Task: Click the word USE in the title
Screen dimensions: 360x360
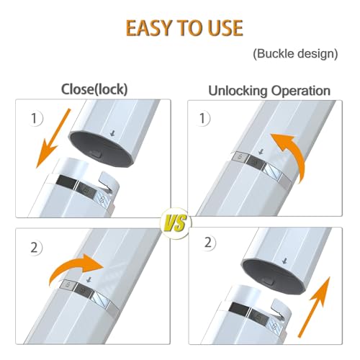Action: [225, 28]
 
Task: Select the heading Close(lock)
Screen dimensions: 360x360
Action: [94, 89]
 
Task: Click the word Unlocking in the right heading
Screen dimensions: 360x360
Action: [238, 91]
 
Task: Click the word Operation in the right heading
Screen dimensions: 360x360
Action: [301, 91]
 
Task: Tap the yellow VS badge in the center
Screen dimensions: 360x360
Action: [176, 223]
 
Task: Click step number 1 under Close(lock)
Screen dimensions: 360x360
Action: [34, 118]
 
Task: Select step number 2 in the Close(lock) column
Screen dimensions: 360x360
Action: [34, 248]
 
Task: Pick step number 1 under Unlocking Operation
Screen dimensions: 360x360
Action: [202, 118]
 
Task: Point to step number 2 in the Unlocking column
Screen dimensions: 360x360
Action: [208, 243]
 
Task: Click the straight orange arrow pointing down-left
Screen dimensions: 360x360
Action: [53, 139]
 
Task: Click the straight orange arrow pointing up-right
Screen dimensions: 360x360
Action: [314, 307]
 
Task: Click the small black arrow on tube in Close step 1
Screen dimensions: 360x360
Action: [112, 133]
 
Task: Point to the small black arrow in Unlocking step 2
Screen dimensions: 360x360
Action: [285, 261]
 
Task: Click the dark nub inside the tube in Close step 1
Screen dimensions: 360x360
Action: [95, 154]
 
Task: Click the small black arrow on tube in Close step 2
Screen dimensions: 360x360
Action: [89, 279]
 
